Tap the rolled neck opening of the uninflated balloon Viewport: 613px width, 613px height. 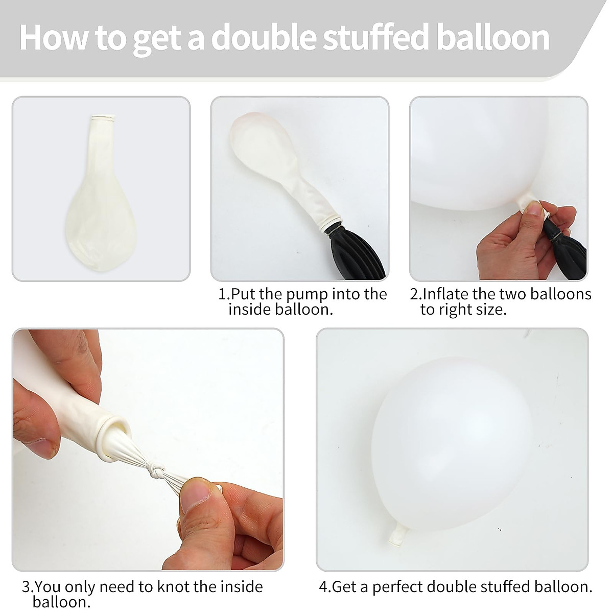[103, 119]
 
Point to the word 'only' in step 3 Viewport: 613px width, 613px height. [82, 587]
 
